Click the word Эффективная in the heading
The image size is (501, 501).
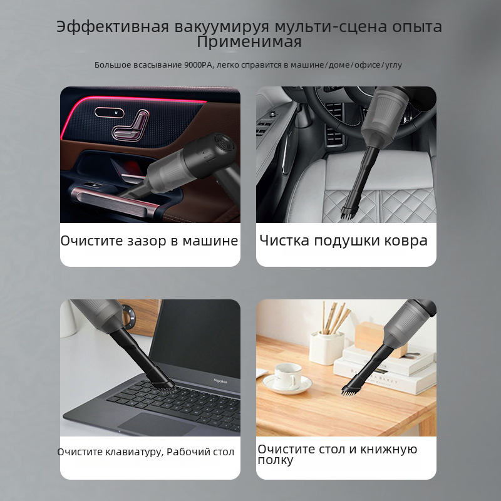click(113, 27)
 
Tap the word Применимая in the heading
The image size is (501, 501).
click(249, 42)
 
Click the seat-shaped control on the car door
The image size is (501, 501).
click(130, 125)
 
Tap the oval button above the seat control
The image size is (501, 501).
click(109, 112)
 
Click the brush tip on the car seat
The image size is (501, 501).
click(348, 212)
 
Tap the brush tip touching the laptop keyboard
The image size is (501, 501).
click(167, 386)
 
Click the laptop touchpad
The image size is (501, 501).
click(157, 424)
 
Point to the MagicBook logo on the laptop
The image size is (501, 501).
click(220, 381)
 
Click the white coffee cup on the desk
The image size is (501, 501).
click(287, 376)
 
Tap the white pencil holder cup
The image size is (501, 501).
click(326, 348)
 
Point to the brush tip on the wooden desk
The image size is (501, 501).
click(349, 390)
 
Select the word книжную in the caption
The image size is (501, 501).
click(388, 449)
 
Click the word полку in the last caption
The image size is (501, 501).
click(276, 460)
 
